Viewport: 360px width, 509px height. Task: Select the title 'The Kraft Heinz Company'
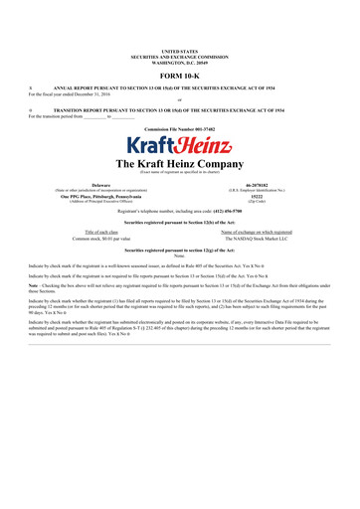click(x=179, y=163)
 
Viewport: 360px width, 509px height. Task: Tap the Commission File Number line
click(x=179, y=129)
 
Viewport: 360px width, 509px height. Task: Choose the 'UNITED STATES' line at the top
click(x=179, y=49)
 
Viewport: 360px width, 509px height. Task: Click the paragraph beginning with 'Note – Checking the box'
click(x=179, y=289)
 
